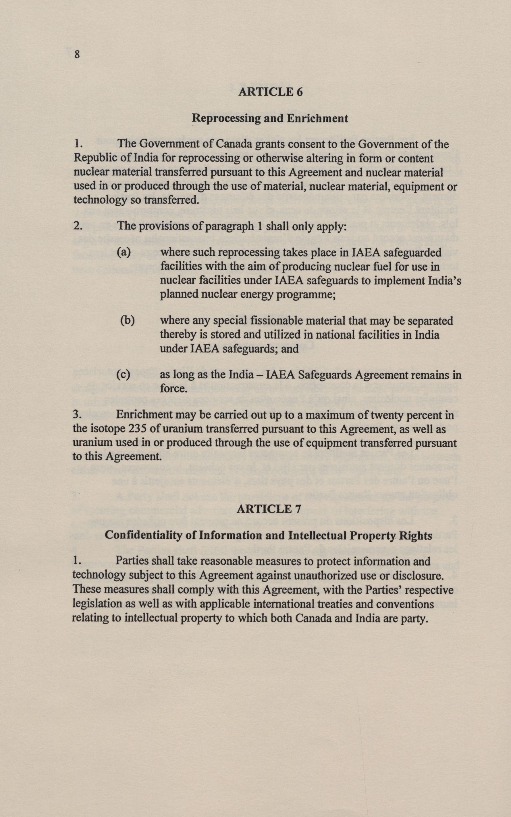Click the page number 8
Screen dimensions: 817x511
(x=77, y=54)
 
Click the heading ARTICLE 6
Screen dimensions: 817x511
(x=270, y=92)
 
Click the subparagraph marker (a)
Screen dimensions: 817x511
(x=124, y=252)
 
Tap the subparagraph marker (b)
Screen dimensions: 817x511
(x=128, y=320)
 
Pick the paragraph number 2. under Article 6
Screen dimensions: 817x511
(x=78, y=226)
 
